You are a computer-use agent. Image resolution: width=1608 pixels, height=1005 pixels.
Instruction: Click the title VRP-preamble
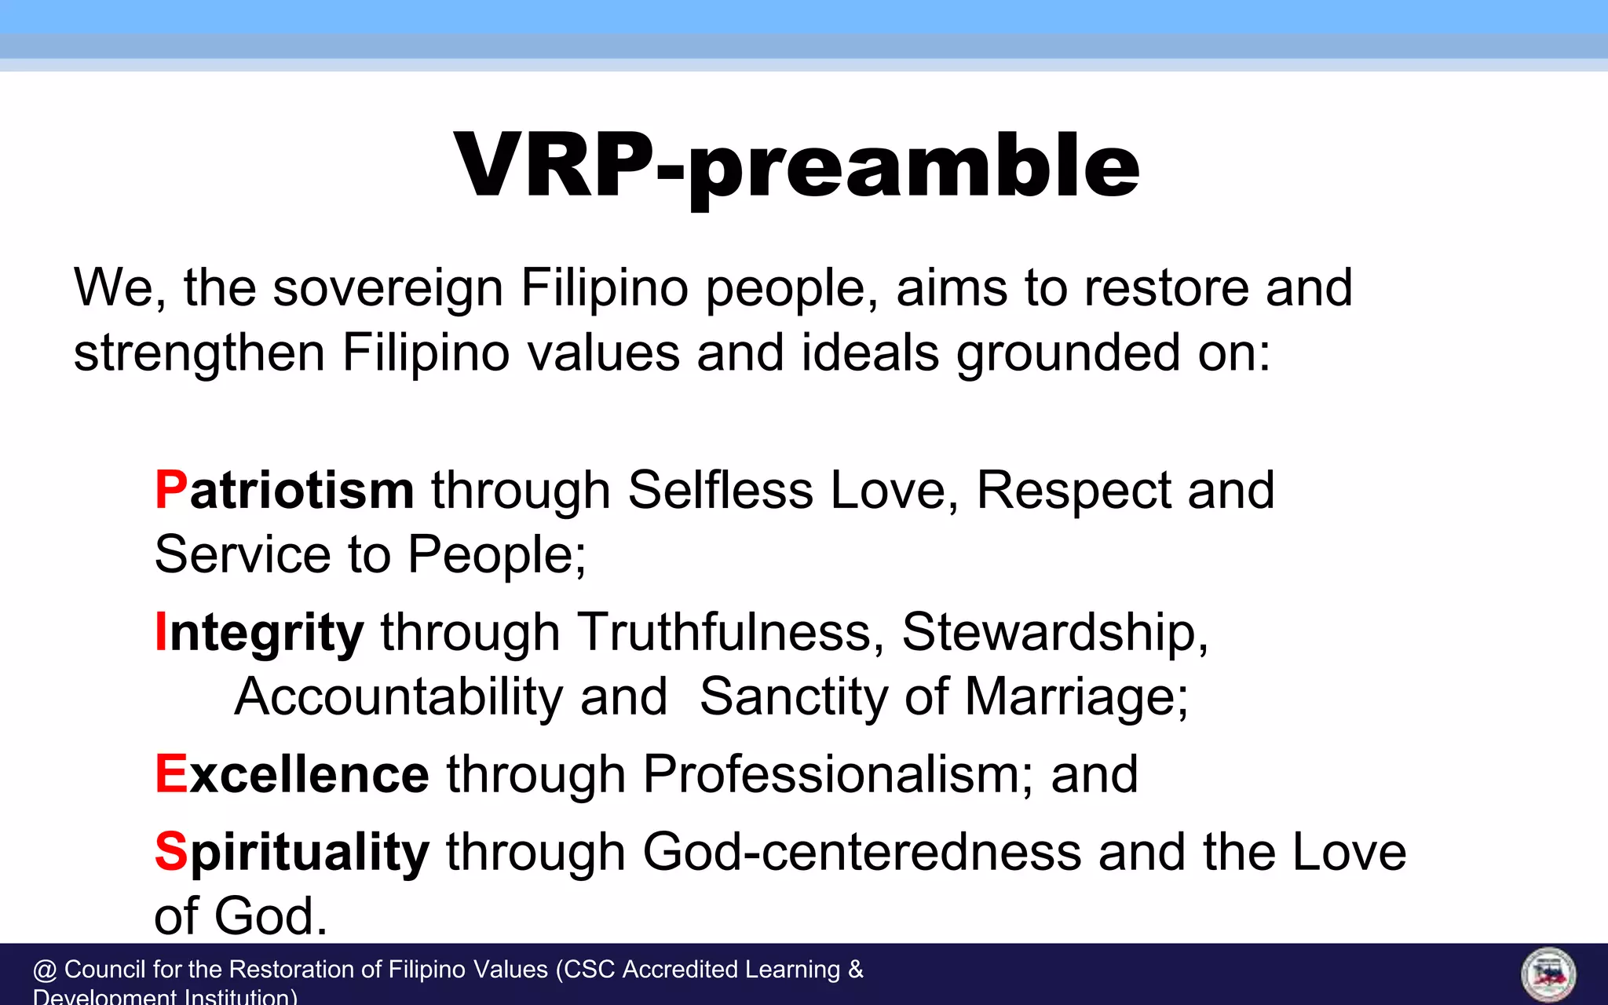pos(796,166)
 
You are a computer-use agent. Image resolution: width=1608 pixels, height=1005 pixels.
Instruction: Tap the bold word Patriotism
pos(284,491)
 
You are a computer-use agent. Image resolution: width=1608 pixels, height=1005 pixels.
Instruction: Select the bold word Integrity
pos(259,633)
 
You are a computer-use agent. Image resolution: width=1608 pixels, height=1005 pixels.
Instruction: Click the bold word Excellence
pos(292,774)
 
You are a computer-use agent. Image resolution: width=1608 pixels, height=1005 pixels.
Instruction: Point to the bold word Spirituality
pos(292,853)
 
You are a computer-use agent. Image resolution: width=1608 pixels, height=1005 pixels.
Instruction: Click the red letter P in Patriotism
pos(171,491)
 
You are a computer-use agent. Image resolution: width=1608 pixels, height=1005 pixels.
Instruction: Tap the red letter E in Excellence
pos(170,774)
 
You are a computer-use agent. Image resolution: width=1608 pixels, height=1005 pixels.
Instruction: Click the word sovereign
pos(388,288)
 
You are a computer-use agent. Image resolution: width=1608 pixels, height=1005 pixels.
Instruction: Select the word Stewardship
pos(1054,632)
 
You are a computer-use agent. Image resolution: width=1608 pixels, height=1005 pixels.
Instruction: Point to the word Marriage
pos(1076,697)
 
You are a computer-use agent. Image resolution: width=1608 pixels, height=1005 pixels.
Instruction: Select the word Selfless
pos(720,491)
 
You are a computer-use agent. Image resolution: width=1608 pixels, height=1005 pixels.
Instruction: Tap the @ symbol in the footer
pos(45,970)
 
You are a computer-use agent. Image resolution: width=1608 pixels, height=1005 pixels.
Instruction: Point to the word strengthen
pos(199,353)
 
